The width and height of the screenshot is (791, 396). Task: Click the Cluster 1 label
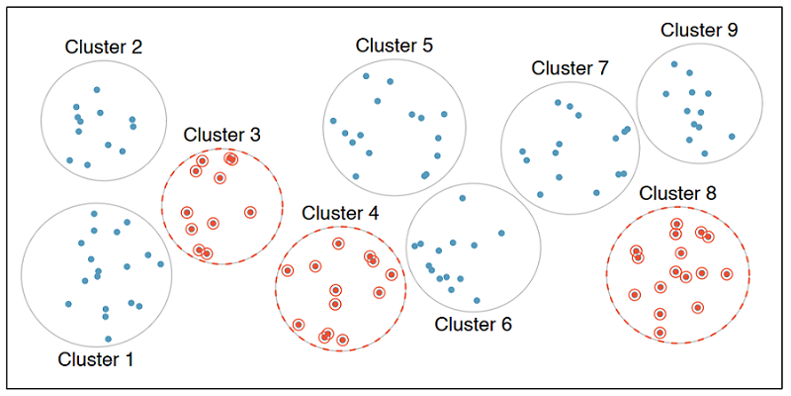point(96,360)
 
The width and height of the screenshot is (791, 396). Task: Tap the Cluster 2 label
point(104,47)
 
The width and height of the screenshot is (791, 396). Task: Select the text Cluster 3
point(221,135)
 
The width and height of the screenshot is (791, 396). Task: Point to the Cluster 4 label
point(340,213)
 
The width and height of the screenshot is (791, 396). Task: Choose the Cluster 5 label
point(395,46)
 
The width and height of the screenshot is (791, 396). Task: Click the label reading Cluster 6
point(474,325)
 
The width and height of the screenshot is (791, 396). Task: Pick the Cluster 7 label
point(571,67)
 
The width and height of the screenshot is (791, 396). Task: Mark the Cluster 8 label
point(677,193)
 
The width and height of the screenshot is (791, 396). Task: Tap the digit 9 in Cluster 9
point(732,31)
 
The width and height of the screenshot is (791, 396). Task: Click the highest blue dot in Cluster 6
point(462,198)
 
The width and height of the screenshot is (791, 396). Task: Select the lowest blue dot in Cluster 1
point(108,339)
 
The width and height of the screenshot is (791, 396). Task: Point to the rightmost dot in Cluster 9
point(732,137)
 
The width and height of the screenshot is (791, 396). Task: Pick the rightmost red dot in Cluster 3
point(250,213)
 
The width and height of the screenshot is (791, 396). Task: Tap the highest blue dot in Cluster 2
point(97,90)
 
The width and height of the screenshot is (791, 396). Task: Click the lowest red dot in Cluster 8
point(659,333)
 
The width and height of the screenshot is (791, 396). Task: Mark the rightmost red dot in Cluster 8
point(727,274)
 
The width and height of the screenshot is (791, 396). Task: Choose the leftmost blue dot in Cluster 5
point(333,121)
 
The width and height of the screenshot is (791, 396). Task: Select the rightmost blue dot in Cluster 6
point(501,233)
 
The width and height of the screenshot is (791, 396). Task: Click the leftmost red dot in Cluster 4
point(288,270)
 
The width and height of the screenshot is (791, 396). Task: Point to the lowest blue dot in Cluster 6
point(477,300)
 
